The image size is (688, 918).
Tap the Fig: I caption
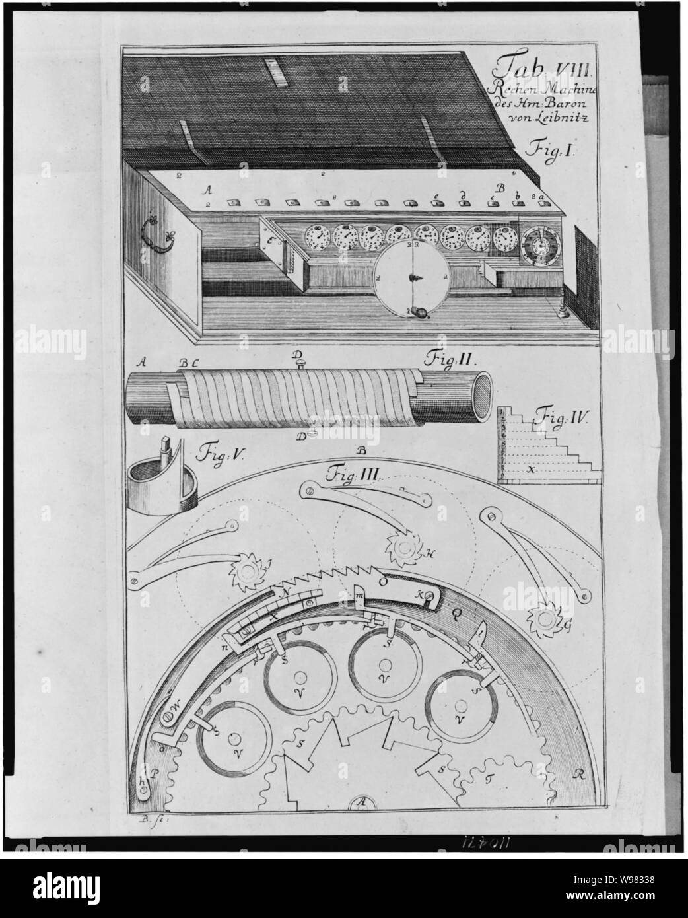(552, 151)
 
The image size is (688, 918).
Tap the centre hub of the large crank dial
(411, 274)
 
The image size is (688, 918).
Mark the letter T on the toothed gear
(490, 781)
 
